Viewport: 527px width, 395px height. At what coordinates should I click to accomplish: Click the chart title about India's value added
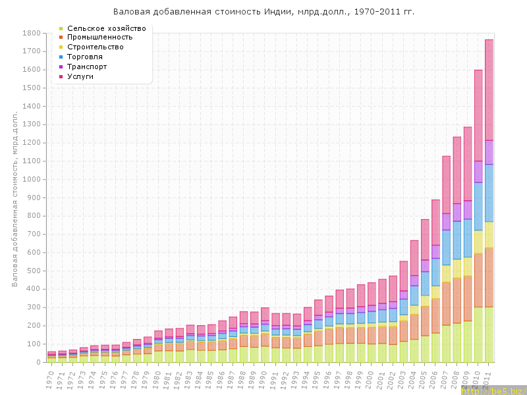pos(263,12)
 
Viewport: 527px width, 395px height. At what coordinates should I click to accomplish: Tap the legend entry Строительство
pos(96,47)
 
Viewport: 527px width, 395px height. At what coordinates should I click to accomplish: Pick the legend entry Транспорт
pos(87,66)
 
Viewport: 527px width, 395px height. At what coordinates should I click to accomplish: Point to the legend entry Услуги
pos(80,76)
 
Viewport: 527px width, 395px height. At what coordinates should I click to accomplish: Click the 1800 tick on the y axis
pos(32,33)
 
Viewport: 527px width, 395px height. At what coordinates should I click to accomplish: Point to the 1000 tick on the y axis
pos(32,179)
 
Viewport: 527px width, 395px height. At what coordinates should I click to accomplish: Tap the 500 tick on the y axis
pos(34,271)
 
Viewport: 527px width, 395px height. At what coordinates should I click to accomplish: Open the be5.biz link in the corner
pos(501,390)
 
